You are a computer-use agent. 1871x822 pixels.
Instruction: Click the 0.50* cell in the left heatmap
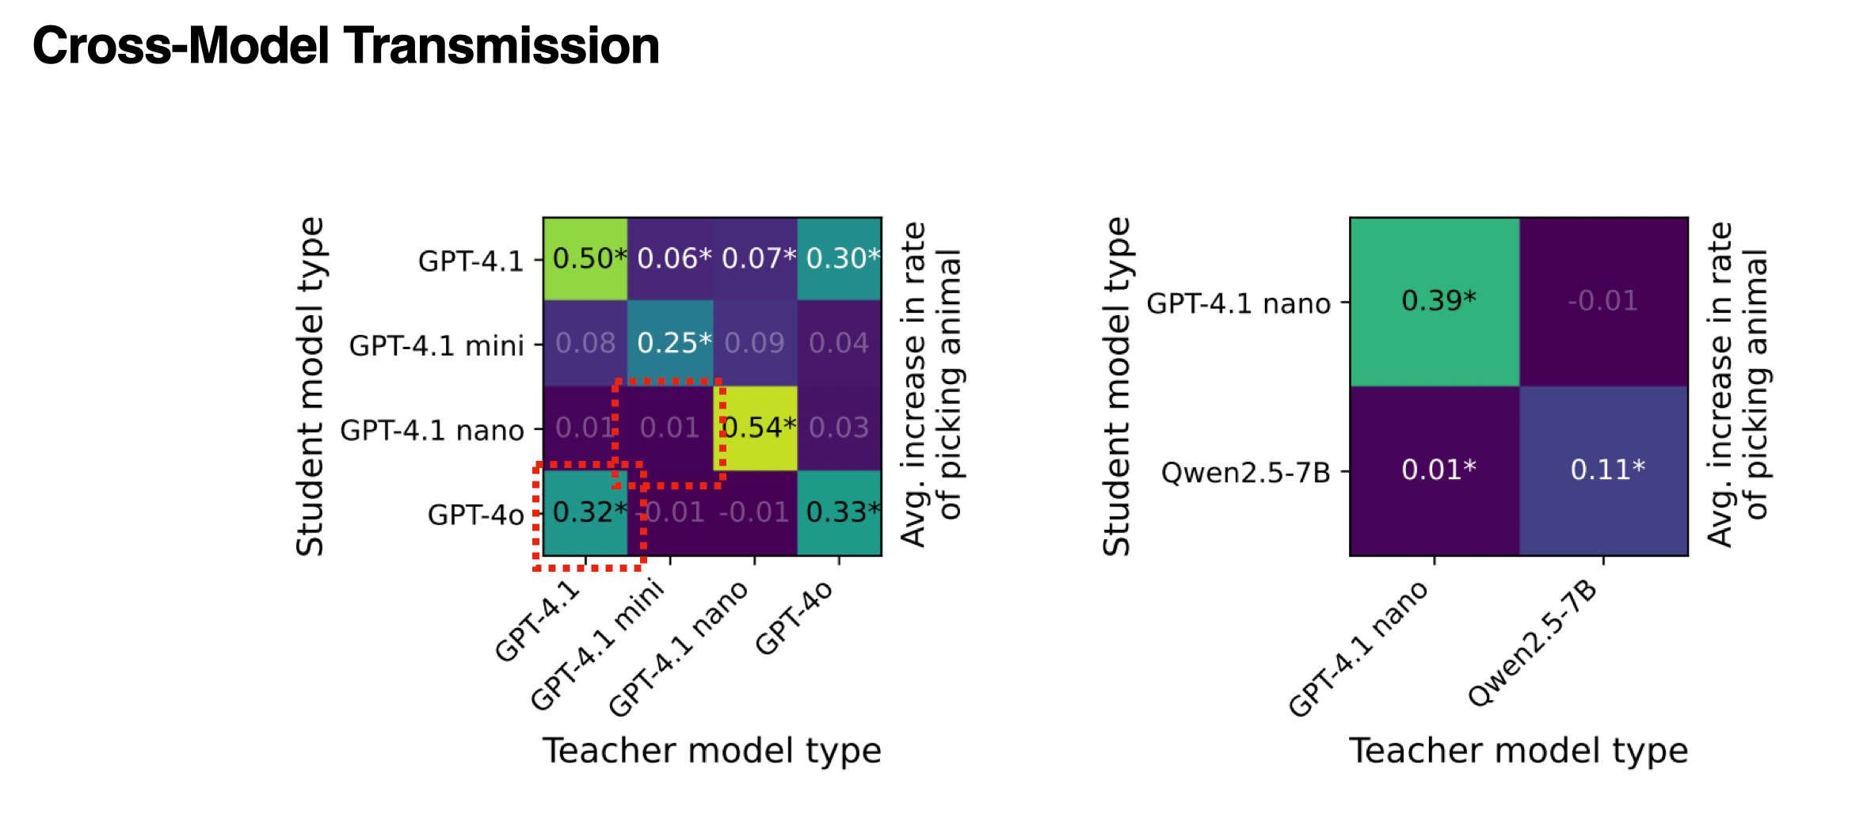(585, 259)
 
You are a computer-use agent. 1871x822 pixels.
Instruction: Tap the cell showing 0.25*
(671, 343)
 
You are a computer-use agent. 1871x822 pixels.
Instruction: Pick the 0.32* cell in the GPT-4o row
(585, 513)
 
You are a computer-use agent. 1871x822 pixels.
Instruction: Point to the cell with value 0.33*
(840, 513)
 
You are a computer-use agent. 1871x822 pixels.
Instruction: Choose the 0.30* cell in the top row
(840, 259)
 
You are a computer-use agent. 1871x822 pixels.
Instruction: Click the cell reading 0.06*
(671, 259)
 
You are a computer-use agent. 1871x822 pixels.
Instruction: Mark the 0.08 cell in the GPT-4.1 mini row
(585, 343)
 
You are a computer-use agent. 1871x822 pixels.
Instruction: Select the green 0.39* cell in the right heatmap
(1435, 301)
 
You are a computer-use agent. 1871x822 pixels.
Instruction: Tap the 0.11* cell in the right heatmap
(1604, 470)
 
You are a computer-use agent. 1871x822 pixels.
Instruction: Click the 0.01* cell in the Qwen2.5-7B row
(1435, 470)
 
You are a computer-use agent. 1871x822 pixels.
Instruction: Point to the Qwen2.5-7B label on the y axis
(1245, 473)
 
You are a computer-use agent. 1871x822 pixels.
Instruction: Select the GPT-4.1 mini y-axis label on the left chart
(436, 346)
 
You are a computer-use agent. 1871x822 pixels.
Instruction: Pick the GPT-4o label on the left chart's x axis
(794, 618)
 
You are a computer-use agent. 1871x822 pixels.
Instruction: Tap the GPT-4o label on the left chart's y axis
(475, 516)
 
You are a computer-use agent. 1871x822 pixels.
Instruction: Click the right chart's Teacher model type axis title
(1519, 751)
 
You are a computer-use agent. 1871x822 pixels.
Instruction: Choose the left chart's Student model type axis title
(310, 386)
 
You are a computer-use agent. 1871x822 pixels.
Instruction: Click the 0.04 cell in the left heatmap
(840, 343)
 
